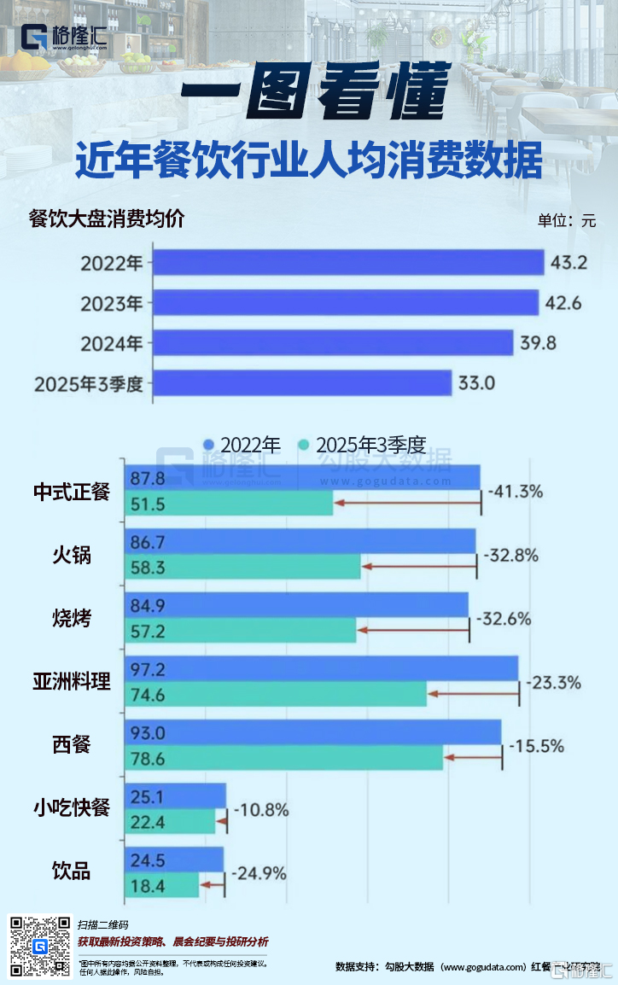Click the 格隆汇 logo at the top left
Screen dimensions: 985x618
click(64, 38)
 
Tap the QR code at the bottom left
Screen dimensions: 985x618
click(39, 946)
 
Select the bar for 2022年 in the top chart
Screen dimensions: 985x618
click(348, 263)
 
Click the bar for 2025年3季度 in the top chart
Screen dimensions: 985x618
click(302, 382)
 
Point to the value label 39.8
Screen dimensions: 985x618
click(538, 343)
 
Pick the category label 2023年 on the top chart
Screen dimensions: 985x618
click(112, 303)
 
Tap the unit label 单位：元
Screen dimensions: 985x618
click(566, 219)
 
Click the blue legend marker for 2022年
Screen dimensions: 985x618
click(208, 445)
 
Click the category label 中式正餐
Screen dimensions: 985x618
click(72, 492)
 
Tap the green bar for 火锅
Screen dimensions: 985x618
click(243, 567)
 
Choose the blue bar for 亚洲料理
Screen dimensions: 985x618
click(322, 668)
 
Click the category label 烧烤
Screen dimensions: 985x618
click(72, 618)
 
